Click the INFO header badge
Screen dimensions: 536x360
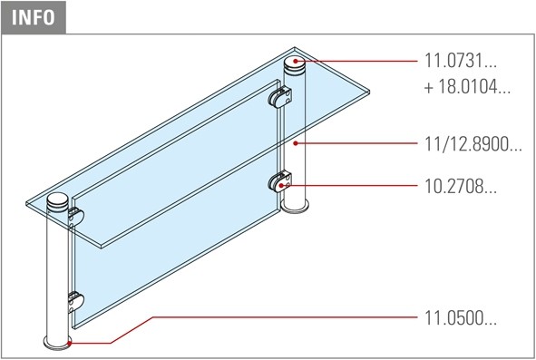pos(34,17)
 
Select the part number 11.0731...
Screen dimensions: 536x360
pos(460,61)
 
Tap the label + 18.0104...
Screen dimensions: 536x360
pos(467,87)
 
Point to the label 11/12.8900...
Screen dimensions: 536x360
pos(473,144)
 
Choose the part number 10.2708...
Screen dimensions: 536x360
pos(460,187)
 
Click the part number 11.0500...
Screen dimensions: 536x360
pos(460,318)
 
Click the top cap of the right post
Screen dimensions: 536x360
pos(296,66)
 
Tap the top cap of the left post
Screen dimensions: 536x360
pos(58,202)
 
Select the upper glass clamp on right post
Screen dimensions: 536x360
pos(280,97)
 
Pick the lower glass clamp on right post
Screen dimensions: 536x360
pos(280,182)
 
